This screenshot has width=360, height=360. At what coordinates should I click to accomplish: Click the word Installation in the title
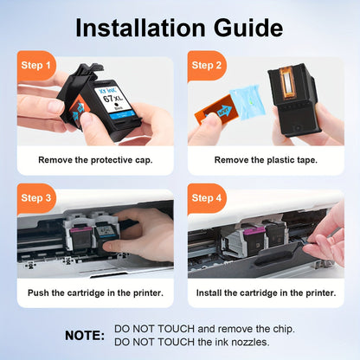click(140, 28)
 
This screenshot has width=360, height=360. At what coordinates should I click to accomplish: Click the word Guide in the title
click(248, 28)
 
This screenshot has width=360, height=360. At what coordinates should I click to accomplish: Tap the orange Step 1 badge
click(35, 66)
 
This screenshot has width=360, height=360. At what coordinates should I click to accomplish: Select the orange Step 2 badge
click(207, 66)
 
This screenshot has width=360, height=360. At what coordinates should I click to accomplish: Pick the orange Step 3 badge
click(35, 198)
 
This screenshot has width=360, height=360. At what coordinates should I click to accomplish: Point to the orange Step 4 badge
click(207, 198)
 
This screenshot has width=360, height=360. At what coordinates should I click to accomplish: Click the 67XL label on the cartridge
click(112, 98)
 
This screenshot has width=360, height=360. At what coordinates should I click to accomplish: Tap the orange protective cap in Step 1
click(77, 110)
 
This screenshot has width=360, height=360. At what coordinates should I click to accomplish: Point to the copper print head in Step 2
click(287, 83)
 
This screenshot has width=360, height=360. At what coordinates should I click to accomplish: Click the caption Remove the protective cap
click(95, 160)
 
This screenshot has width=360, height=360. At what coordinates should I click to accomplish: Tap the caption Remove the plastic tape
click(266, 160)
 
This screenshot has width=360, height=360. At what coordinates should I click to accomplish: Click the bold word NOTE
click(85, 336)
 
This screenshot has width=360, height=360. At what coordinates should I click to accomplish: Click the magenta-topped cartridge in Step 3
click(81, 236)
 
